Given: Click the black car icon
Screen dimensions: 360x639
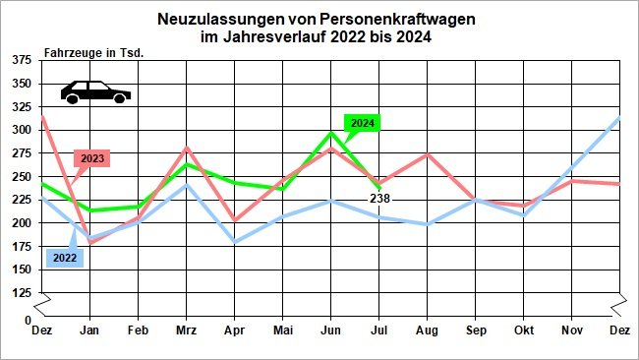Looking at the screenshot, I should pyautogui.click(x=95, y=91).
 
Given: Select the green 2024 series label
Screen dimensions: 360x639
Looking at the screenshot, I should pyautogui.click(x=363, y=123).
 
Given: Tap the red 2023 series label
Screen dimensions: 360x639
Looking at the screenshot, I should pyautogui.click(x=92, y=157).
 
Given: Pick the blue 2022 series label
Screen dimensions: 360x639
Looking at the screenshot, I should pyautogui.click(x=63, y=258).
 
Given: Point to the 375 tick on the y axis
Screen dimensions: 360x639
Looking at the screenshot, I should pyautogui.click(x=21, y=60).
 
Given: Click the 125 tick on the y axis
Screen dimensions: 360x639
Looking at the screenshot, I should pyautogui.click(x=21, y=293).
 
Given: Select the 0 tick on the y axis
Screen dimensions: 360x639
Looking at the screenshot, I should pyautogui.click(x=28, y=321).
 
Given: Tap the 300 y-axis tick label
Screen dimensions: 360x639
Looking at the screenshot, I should pyautogui.click(x=21, y=130).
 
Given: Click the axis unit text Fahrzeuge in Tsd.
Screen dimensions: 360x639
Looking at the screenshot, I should pyautogui.click(x=94, y=51).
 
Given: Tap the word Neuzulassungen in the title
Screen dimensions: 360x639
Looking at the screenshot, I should pyautogui.click(x=213, y=19).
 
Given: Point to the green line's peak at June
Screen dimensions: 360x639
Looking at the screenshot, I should pyautogui.click(x=331, y=132).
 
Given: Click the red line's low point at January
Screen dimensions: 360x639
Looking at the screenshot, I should pyautogui.click(x=90, y=242).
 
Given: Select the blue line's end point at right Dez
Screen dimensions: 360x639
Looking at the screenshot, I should pyautogui.click(x=619, y=118).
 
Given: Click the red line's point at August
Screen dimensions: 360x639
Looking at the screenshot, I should pyautogui.click(x=428, y=154).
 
